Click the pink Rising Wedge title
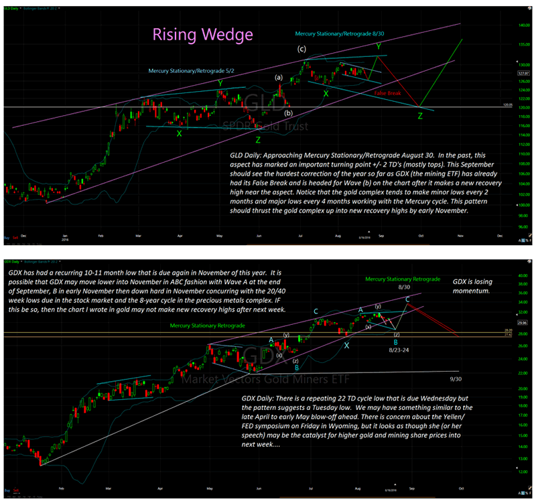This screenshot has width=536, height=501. tap(194, 33)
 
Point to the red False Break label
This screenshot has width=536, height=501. tap(388, 93)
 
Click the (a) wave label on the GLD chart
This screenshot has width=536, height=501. tap(279, 77)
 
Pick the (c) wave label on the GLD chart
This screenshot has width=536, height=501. tap(302, 49)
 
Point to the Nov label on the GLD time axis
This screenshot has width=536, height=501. tap(460, 236)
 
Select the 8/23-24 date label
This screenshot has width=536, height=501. tap(401, 349)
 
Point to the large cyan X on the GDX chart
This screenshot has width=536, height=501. tap(346, 345)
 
